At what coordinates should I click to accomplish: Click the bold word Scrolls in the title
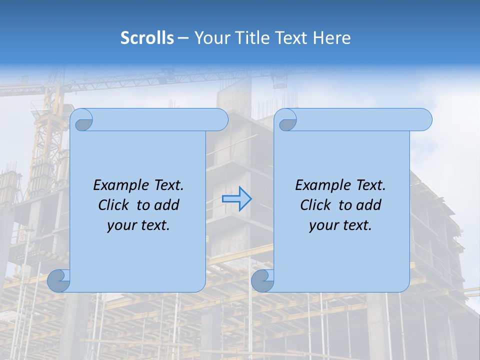pos(147,38)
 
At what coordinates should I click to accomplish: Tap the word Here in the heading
pos(331,38)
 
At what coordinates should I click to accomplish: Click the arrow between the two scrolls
pos(236,199)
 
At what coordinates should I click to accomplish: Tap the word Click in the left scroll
pos(114,205)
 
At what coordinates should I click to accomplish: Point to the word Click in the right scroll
pos(315,205)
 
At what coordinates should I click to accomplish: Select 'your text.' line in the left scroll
pos(138,225)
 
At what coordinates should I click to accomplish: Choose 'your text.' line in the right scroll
pos(340,225)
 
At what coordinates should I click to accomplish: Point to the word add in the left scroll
pos(167,205)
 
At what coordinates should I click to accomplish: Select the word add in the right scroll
pos(369,205)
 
